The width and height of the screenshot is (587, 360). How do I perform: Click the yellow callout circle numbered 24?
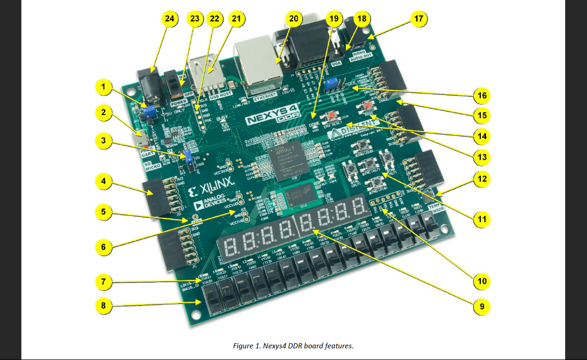(169, 19)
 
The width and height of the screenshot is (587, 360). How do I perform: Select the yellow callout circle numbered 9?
(482, 306)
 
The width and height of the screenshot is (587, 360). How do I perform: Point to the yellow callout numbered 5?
(103, 212)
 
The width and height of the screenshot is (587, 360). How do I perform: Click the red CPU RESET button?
(332, 115)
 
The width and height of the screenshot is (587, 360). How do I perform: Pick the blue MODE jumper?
(331, 83)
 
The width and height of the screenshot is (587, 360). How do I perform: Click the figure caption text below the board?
(293, 346)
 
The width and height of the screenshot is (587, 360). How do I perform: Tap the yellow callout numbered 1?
(103, 86)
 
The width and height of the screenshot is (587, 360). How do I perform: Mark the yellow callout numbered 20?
(293, 19)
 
